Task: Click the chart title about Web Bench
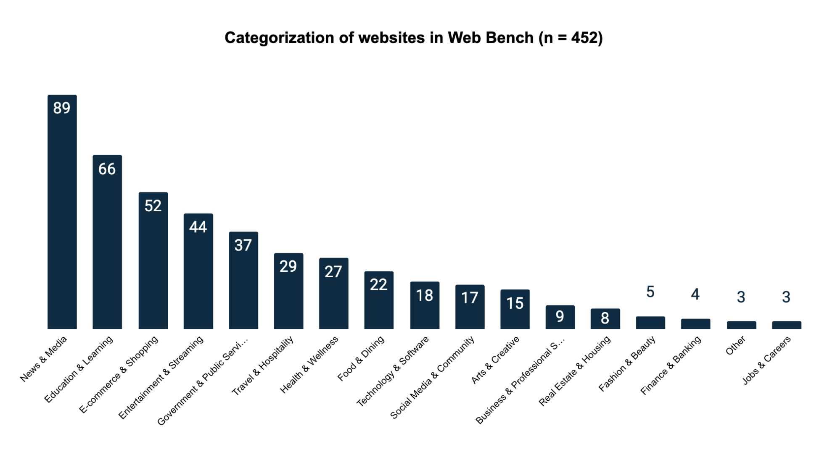pos(413,38)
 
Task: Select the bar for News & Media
pos(62,218)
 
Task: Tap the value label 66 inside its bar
pos(107,169)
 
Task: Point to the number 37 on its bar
pos(243,245)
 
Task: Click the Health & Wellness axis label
pos(309,365)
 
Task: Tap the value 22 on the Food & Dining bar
pos(378,285)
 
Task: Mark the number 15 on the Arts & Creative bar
pos(515,303)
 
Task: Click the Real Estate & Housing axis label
pos(574,371)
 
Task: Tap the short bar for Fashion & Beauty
pos(650,323)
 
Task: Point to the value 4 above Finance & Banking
pos(695,294)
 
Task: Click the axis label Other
pos(736,345)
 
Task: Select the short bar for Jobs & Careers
pos(786,325)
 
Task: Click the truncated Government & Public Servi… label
pos(203,381)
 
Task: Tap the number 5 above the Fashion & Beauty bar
pos(650,292)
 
